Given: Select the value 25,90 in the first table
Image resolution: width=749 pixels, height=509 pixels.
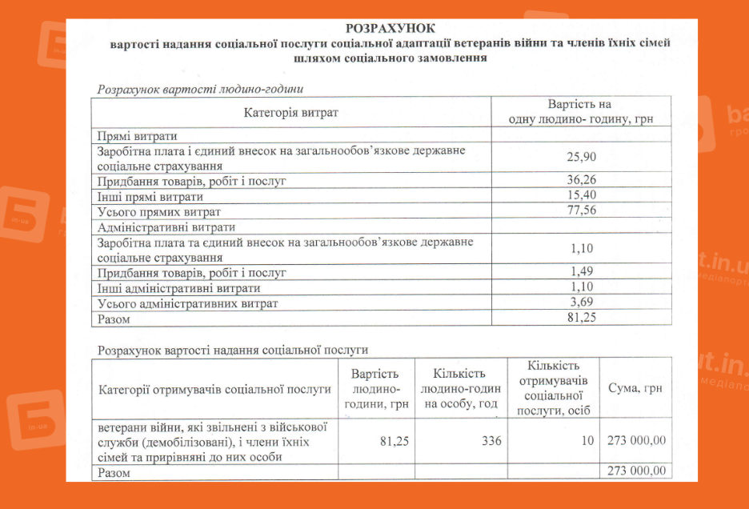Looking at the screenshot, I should (582, 158).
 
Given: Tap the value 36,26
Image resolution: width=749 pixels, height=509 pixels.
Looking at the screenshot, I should (582, 181).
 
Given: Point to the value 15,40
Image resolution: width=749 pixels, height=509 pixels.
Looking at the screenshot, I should (582, 196).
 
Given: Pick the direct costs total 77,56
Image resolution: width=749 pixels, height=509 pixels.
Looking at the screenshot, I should (582, 211).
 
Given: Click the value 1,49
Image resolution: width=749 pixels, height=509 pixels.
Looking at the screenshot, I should (582, 272).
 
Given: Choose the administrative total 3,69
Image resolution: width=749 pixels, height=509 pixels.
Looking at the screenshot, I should (582, 303).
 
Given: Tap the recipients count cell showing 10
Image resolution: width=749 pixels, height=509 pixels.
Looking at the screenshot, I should (588, 440).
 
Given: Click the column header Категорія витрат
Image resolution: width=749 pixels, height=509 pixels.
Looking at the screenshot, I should (291, 112).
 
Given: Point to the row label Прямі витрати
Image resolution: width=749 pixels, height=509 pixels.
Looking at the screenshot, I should (137, 136).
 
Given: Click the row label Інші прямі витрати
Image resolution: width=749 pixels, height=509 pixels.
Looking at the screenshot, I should (150, 196).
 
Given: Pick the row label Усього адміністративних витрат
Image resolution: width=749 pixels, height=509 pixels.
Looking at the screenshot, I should (187, 303).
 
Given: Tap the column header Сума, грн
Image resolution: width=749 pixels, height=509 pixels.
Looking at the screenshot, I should (635, 389).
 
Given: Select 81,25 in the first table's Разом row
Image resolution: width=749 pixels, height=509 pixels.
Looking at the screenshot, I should (582, 318).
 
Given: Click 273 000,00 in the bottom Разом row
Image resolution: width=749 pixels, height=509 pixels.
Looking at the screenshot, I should (637, 471).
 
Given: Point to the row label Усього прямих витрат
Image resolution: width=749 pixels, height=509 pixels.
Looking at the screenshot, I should (158, 211).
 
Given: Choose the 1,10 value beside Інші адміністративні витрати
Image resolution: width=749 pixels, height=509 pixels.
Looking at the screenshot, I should (582, 287).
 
